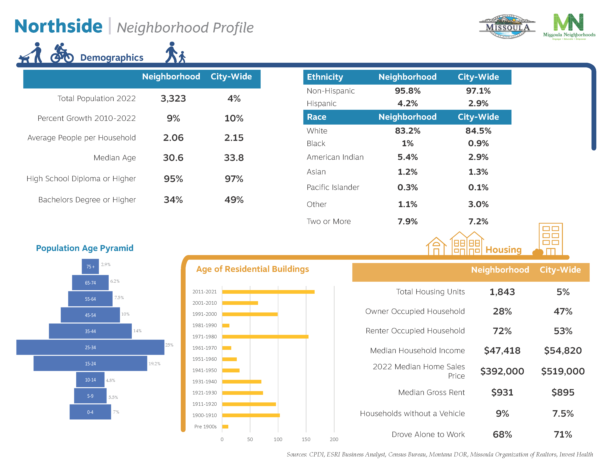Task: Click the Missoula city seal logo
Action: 507,27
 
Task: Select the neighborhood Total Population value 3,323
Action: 173,98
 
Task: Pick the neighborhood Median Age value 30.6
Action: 173,158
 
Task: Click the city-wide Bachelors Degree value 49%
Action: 234,200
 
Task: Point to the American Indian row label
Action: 335,157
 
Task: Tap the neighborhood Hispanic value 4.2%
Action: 408,103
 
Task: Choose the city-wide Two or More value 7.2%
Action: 478,221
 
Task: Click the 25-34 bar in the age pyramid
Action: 90,347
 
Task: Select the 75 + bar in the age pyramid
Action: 90,267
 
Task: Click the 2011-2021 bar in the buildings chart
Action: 268,292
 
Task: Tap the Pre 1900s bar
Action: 225,426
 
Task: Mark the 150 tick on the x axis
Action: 306,439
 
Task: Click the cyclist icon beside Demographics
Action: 62,53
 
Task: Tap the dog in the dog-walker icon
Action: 24,59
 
